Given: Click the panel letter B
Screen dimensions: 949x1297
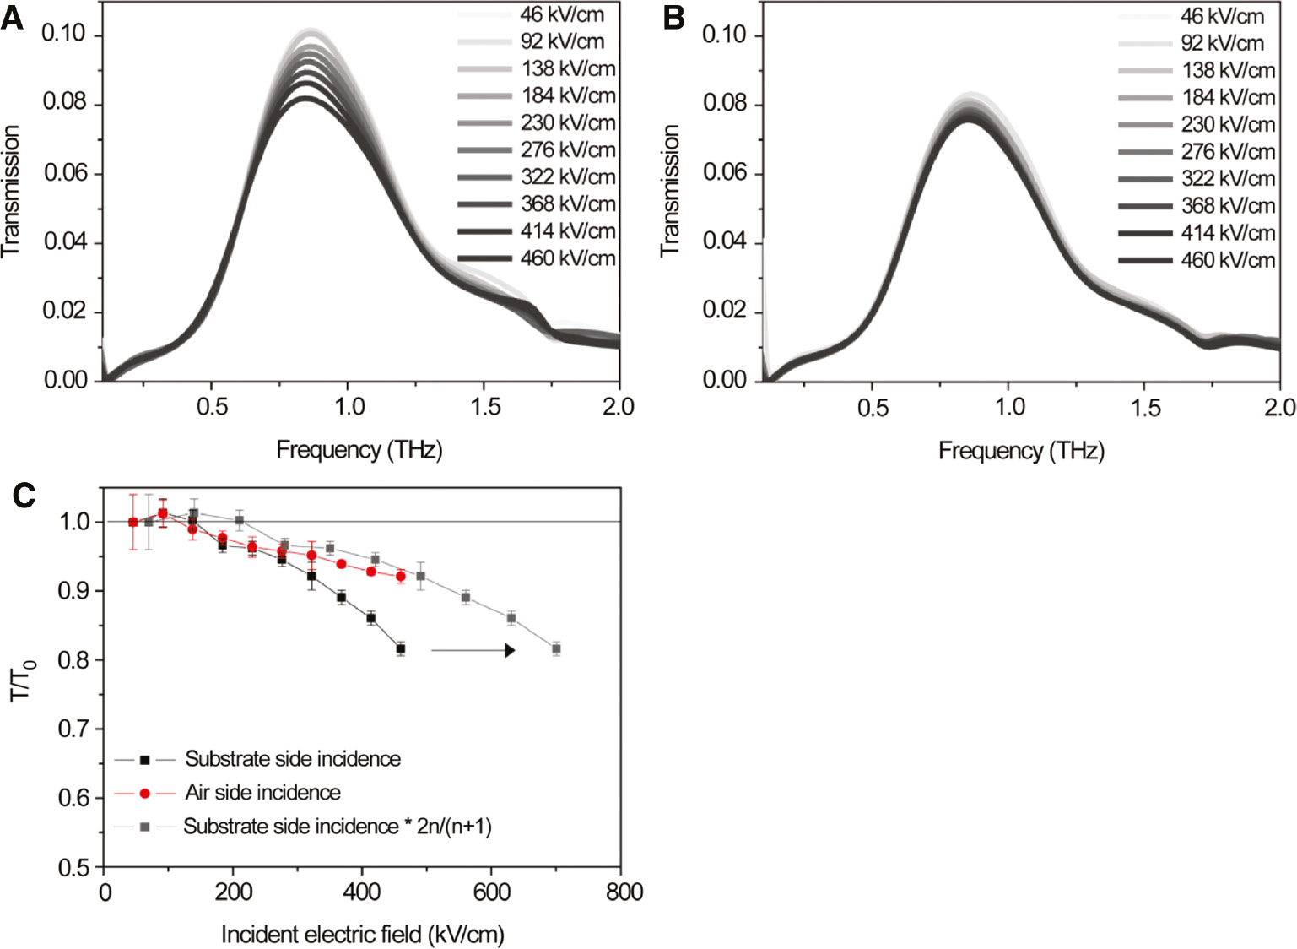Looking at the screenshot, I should point(673,18).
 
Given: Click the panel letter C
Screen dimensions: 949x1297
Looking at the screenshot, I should point(24,495).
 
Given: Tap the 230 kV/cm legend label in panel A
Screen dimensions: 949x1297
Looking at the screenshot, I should point(567,123).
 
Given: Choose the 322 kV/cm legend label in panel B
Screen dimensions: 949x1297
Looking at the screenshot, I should point(1227,179).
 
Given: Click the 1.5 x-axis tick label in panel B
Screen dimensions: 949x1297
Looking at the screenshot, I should point(1144,408).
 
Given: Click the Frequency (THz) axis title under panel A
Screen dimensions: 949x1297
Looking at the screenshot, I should point(359,450).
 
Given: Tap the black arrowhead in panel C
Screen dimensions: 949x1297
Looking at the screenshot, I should point(509,650).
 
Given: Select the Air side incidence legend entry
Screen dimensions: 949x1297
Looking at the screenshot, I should point(262,793).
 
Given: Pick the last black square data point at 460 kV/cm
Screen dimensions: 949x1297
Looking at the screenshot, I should point(401,649).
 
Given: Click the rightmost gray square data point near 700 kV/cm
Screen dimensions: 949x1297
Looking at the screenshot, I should point(556,649).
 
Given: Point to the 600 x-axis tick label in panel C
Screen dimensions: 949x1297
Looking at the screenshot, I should point(491,892).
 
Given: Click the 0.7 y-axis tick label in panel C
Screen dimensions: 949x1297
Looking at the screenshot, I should point(73,729).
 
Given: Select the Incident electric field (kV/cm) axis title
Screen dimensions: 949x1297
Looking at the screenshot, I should point(362,935).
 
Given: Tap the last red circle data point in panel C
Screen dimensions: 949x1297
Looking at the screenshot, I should point(401,577).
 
